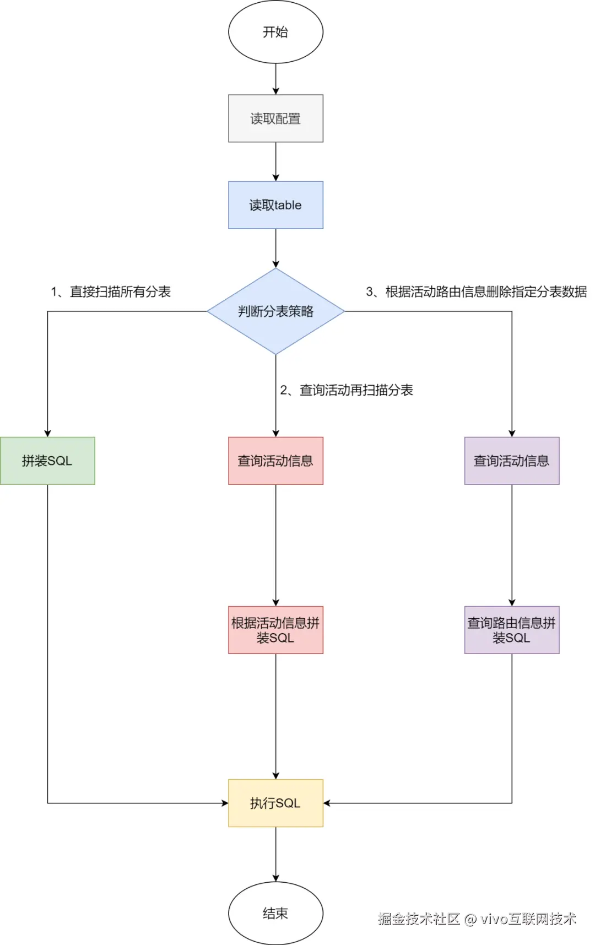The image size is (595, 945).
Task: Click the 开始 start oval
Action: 275,32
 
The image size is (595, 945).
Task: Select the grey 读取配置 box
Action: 275,118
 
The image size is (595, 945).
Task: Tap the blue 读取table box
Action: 275,205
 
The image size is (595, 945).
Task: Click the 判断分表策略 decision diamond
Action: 275,311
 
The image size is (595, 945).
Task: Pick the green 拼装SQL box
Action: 47,461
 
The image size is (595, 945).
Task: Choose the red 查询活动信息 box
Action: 275,461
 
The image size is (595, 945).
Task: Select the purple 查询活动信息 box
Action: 511,461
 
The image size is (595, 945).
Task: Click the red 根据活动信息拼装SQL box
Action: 275,630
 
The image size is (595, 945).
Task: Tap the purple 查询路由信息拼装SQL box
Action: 511,630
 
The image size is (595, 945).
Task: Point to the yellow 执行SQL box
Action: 275,803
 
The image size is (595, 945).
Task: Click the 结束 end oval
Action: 275,913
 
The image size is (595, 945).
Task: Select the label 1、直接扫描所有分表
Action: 111,291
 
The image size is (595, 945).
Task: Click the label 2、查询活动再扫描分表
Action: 347,390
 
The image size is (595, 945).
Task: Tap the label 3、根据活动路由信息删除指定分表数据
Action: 477,291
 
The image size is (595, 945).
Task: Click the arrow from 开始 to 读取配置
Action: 275,79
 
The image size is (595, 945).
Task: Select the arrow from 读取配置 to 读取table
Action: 275,161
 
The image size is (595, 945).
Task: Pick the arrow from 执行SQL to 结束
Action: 275,854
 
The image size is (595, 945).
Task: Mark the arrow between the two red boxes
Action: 275,546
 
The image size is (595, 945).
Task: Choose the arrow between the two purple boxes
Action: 511,546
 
